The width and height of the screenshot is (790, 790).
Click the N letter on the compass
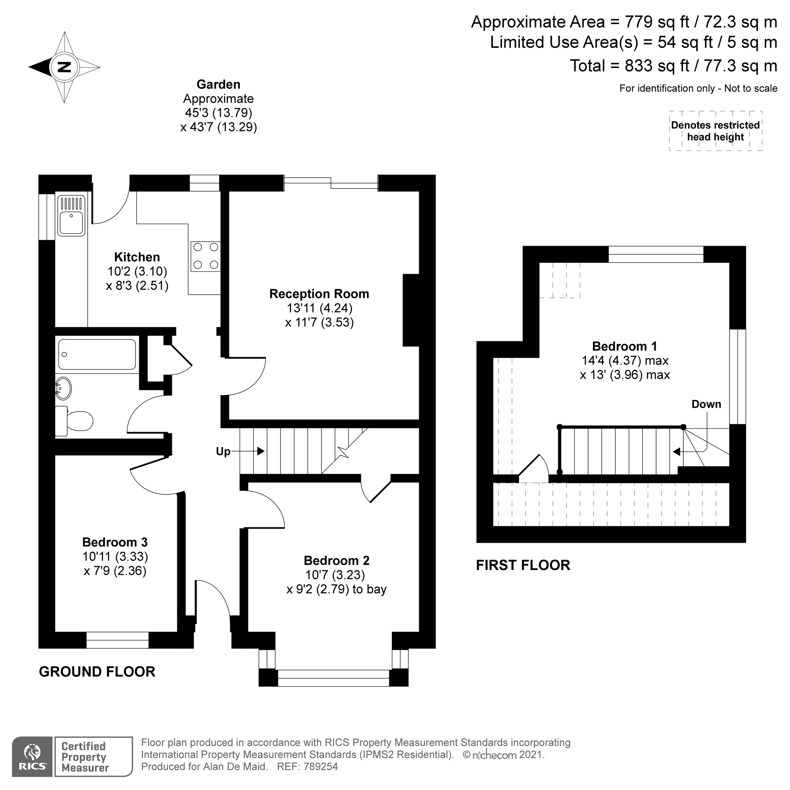[64, 67]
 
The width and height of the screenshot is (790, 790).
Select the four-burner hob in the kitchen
[206, 256]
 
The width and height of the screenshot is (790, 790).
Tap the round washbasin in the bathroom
[63, 388]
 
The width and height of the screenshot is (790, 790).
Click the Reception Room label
[319, 294]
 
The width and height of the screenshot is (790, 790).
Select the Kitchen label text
[137, 257]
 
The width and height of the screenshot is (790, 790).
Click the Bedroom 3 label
[115, 542]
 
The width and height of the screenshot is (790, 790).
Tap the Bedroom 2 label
[336, 561]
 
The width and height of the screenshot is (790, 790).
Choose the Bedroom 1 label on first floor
[624, 346]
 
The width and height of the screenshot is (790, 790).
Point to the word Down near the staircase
[706, 404]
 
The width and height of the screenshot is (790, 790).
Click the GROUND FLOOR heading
[97, 672]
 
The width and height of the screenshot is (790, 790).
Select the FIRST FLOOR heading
[523, 565]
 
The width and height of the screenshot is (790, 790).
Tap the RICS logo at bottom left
[32, 757]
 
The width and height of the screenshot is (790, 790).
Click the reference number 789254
[321, 767]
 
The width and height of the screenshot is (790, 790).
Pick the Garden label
[218, 85]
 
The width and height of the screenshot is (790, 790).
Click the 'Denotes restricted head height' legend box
[715, 131]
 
